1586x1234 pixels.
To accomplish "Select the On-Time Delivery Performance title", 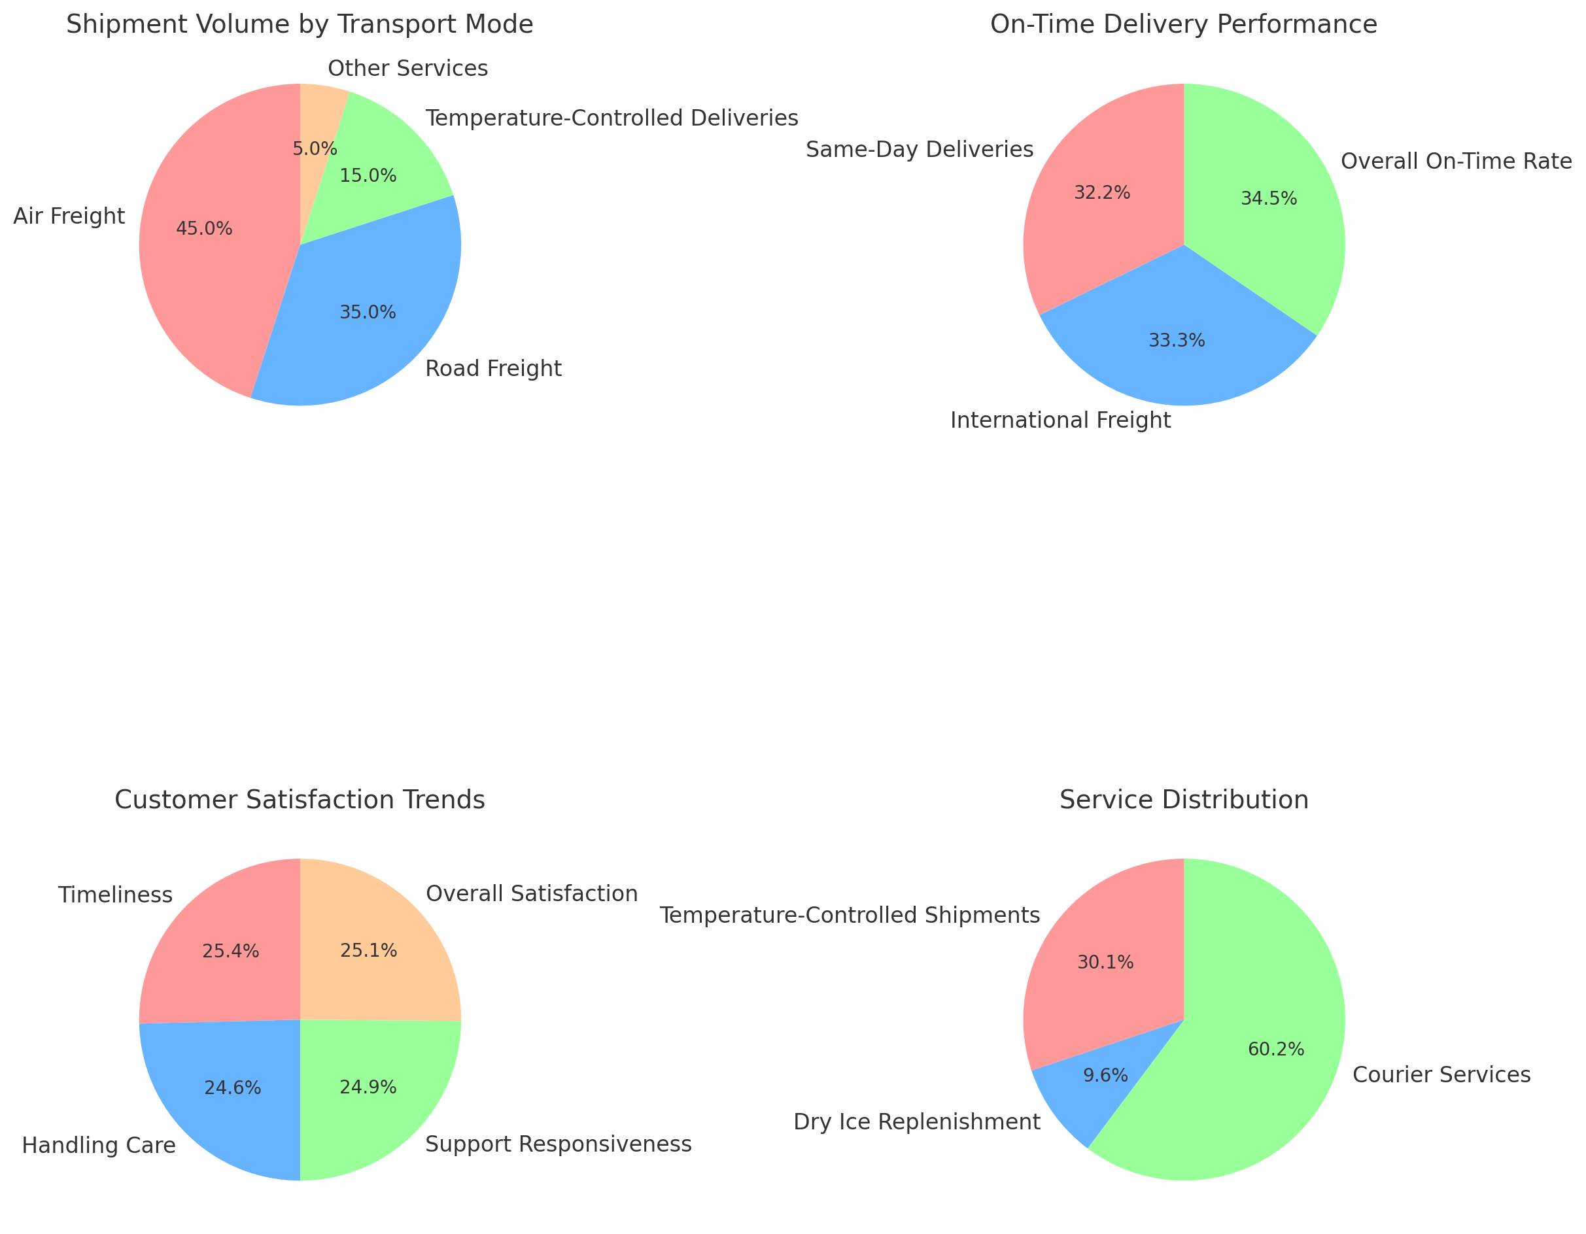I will [x=1184, y=25].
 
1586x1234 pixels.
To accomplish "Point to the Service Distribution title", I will [x=1184, y=800].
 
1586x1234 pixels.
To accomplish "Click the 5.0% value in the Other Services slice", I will [x=315, y=149].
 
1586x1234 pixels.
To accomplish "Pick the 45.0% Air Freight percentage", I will [x=204, y=229].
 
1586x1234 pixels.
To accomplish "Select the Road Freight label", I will [x=493, y=369].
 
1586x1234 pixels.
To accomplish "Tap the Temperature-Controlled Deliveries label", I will [x=612, y=118].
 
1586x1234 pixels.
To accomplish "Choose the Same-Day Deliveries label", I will [x=920, y=150].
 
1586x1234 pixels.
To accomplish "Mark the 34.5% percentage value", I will [x=1269, y=199].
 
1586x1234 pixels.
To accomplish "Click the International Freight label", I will [x=1060, y=420].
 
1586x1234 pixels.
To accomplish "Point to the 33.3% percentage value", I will [x=1177, y=341].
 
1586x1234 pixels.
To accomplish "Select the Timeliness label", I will [x=116, y=895].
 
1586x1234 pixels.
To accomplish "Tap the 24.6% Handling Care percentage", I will [x=232, y=1088].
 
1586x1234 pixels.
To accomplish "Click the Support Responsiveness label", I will [x=558, y=1144].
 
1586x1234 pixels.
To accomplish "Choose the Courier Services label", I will [x=1441, y=1075].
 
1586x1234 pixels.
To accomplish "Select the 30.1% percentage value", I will [x=1105, y=963].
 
